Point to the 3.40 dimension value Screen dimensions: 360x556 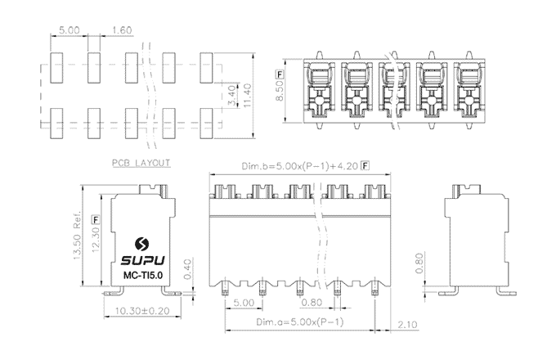tap(232, 96)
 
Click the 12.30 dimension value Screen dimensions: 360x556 tap(96, 240)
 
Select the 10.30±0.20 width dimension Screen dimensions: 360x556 tap(137, 312)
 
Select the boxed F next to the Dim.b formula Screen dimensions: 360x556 tap(364, 167)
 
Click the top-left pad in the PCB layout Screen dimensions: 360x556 tap(56, 70)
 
